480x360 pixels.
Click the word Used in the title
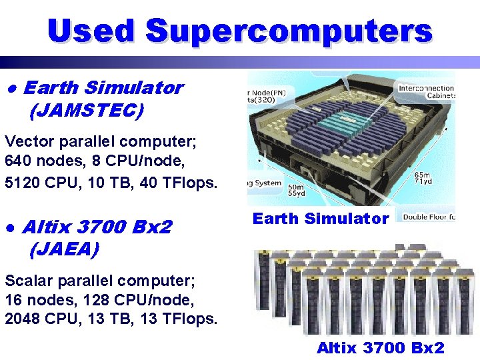[x=91, y=31]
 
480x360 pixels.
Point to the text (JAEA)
[x=64, y=250]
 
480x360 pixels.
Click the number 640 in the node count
[x=18, y=161]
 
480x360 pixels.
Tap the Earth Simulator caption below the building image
[x=321, y=219]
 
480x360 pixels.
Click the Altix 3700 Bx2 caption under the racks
[x=380, y=347]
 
